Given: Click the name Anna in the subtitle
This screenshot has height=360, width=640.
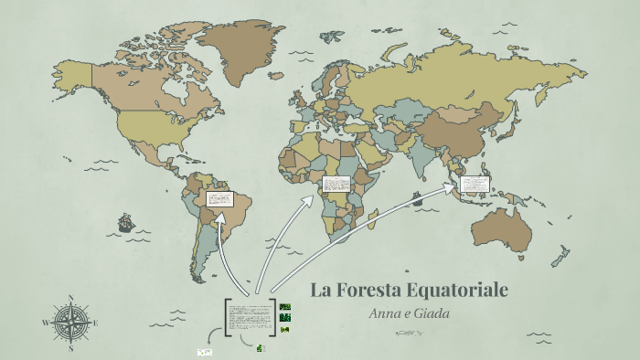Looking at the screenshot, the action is click(x=385, y=312).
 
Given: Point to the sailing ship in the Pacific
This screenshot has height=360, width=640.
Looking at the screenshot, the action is click(x=125, y=222).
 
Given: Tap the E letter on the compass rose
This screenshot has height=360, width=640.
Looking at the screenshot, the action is click(x=95, y=323).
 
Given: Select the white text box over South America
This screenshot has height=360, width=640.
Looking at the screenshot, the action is click(x=219, y=198).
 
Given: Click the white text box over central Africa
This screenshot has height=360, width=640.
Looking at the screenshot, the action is click(x=335, y=185).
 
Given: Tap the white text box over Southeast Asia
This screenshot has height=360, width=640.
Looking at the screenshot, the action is click(x=475, y=185).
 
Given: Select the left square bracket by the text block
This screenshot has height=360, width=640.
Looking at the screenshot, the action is click(x=226, y=316).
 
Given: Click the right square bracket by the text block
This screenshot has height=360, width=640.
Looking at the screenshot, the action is click(x=273, y=316).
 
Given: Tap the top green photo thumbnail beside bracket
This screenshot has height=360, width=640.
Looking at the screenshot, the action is click(x=285, y=307).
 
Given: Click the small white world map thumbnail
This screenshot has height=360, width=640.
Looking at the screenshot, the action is click(x=205, y=352).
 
